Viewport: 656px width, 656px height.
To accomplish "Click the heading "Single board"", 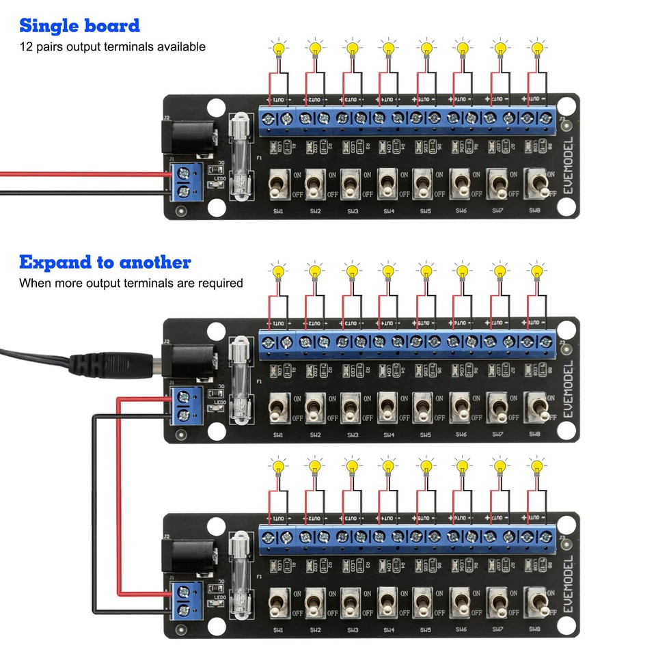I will pyautogui.click(x=79, y=26).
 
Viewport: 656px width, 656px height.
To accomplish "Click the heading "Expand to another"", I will pyautogui.click(x=105, y=262).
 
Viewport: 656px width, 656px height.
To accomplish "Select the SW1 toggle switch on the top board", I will pyautogui.click(x=277, y=184).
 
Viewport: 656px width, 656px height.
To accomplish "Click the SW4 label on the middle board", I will pyautogui.click(x=388, y=435).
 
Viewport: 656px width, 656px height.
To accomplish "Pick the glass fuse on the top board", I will pyautogui.click(x=240, y=158).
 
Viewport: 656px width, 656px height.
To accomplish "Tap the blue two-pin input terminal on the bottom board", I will pyautogui.click(x=184, y=599).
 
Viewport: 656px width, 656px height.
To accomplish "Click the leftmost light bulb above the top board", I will pyautogui.click(x=278, y=49).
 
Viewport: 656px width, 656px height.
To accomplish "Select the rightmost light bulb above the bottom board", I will pyautogui.click(x=536, y=467).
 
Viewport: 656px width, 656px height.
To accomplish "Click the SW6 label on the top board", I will pyautogui.click(x=461, y=211).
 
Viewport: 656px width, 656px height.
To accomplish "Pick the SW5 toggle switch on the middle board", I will pyautogui.click(x=424, y=407).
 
